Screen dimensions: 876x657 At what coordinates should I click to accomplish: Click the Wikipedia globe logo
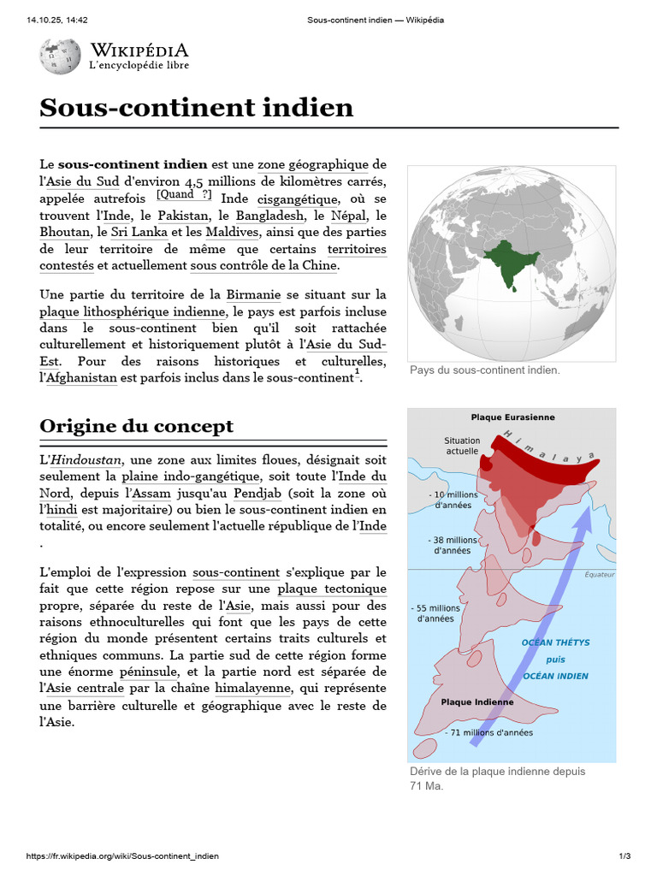60,56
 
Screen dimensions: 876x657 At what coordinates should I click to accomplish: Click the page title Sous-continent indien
196,108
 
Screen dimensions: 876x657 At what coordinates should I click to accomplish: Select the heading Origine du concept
137,426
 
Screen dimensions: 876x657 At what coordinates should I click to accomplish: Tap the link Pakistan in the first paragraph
182,216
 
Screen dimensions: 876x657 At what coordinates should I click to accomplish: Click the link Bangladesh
269,216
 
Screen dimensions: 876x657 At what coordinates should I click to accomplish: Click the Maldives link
232,232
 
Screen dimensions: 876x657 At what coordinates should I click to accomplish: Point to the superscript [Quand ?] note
184,194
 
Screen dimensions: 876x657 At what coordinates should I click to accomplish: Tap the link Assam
149,494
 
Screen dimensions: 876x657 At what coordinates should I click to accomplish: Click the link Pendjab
258,494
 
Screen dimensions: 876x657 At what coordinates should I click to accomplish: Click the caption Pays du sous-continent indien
485,370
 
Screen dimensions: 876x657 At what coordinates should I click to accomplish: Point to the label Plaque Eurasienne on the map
512,417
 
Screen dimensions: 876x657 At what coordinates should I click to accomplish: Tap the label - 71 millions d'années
488,732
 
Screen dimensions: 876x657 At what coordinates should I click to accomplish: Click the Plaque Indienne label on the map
477,702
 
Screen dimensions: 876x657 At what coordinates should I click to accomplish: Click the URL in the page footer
123,856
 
